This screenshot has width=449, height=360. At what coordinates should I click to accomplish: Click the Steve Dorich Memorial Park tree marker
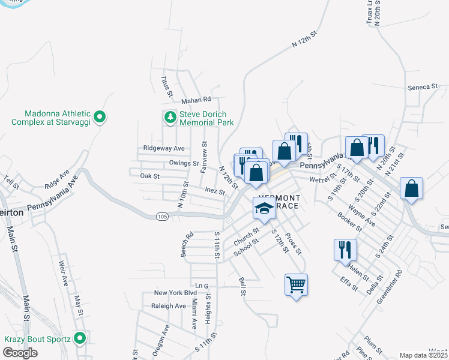[170, 116]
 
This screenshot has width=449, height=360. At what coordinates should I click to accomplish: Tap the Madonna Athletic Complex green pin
[100, 116]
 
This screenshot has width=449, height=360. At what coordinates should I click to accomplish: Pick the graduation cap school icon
[264, 208]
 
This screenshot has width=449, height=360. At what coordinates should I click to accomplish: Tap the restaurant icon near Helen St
[345, 249]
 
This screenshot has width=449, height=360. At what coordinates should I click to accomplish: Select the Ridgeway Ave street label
[163, 148]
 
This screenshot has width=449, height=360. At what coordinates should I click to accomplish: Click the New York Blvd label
[175, 293]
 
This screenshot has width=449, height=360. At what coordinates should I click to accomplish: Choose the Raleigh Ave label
[169, 306]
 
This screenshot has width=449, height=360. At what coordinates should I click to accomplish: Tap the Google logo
[20, 353]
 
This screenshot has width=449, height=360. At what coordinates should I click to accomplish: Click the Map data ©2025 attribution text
[424, 355]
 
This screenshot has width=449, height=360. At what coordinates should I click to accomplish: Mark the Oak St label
[149, 176]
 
